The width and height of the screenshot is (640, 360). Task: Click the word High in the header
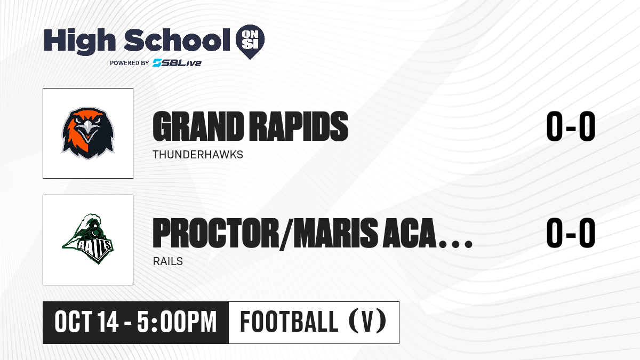pyautogui.click(x=80, y=41)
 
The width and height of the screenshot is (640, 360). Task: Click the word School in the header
pyautogui.click(x=177, y=40)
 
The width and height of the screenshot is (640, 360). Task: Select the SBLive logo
pyautogui.click(x=177, y=63)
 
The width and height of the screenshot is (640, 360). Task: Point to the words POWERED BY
pyautogui.click(x=130, y=63)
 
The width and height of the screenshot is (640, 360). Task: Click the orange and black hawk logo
pyautogui.click(x=88, y=133)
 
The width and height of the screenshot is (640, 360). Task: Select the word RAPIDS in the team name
pyautogui.click(x=298, y=126)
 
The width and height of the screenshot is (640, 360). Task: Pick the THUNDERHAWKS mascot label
pyautogui.click(x=198, y=155)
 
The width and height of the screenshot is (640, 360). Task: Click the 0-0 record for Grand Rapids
pyautogui.click(x=571, y=126)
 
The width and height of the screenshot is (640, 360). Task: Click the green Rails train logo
pyautogui.click(x=88, y=239)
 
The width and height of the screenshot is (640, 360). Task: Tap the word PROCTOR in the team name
pyautogui.click(x=215, y=233)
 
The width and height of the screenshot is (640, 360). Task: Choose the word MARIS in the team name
pyautogui.click(x=332, y=233)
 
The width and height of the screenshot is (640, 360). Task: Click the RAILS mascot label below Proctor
pyautogui.click(x=167, y=261)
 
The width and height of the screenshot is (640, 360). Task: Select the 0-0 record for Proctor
pyautogui.click(x=571, y=233)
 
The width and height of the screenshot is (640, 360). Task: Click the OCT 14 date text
pyautogui.click(x=86, y=322)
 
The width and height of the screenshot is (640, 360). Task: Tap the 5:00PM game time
pyautogui.click(x=177, y=322)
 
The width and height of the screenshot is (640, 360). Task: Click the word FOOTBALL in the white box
pyautogui.click(x=289, y=322)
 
